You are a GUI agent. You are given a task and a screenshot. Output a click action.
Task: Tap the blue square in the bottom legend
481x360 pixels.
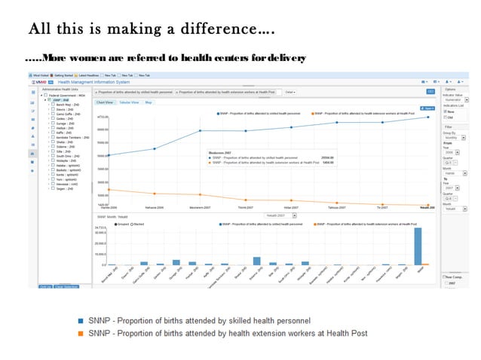(81, 319)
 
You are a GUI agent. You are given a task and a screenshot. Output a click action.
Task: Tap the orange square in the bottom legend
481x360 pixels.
(81, 333)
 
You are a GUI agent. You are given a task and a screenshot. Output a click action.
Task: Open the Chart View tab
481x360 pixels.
(105, 102)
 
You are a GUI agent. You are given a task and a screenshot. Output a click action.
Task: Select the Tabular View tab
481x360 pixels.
(129, 102)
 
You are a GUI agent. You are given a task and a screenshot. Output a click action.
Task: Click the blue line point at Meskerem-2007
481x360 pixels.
(200, 131)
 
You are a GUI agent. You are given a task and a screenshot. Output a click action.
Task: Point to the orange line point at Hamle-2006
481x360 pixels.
(109, 190)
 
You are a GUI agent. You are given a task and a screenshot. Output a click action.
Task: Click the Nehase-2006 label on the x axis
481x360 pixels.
(155, 208)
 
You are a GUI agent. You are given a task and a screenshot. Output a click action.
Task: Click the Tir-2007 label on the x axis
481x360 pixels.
(382, 208)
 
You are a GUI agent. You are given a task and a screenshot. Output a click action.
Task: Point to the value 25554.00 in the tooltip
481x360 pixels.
(326, 157)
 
